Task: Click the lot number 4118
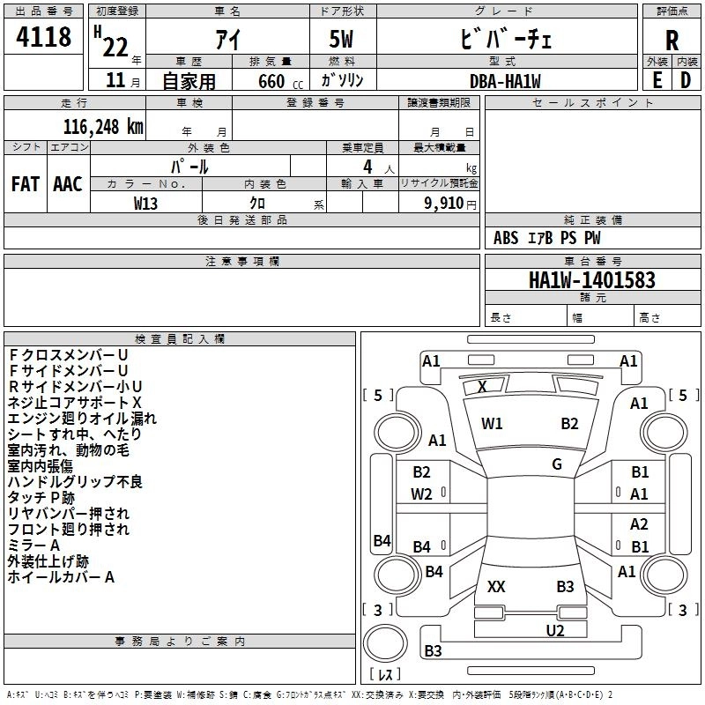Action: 43,37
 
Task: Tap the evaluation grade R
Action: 672,41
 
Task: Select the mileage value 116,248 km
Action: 103,127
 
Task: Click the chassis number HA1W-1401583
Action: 592,280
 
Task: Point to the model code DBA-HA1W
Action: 505,81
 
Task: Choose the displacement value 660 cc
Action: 280,82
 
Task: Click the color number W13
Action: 145,204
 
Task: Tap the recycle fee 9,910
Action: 444,204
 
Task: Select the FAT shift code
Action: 26,184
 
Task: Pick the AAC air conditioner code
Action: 68,184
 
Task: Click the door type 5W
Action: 341,39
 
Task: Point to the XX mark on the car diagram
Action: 496,586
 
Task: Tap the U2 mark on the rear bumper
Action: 555,630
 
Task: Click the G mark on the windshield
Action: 557,464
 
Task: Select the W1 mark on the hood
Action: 492,424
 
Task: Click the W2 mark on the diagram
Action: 421,494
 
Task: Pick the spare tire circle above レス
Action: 385,643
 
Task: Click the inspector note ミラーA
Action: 33,545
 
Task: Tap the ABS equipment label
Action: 506,238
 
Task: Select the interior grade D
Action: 686,80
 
